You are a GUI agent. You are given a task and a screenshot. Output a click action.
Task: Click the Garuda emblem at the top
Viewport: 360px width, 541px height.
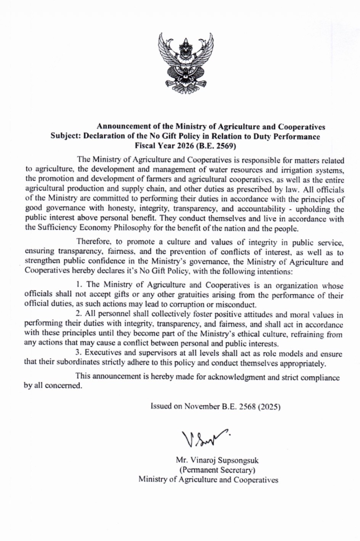point(186,63)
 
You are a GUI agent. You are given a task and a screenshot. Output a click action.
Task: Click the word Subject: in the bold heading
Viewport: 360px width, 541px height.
point(65,136)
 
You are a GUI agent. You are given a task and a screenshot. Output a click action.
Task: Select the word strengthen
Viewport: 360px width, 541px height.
point(42,262)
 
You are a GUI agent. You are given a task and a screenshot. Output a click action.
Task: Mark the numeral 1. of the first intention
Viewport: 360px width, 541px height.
point(79,285)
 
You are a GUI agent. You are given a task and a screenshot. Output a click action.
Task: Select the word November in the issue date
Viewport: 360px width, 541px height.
point(202,406)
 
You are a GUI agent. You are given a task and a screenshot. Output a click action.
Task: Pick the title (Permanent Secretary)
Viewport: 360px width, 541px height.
point(217,470)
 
